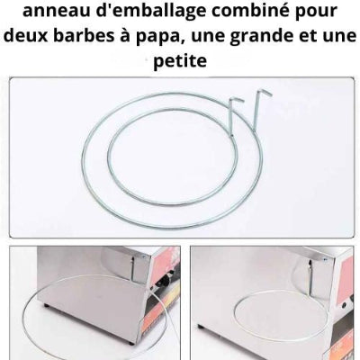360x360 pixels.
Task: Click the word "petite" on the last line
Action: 180,61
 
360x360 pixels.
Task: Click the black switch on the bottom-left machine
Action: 166,282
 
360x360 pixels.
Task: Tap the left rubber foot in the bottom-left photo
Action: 46,305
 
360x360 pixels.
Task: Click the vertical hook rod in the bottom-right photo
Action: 310,276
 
